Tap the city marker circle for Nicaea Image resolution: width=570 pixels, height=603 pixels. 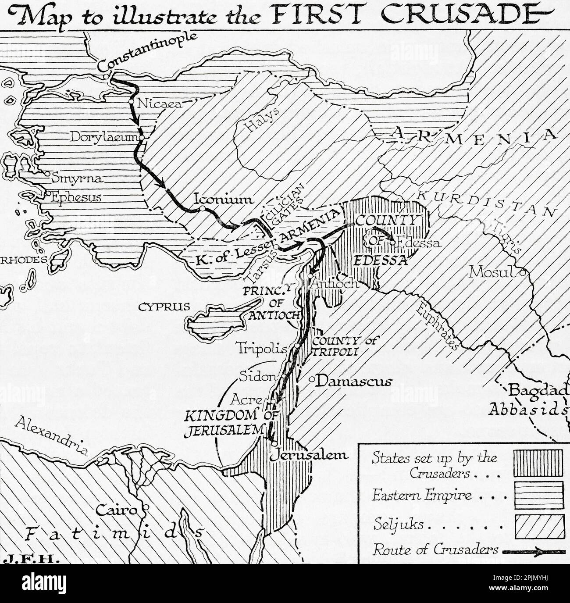(131, 102)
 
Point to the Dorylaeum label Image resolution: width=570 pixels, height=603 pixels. (103, 137)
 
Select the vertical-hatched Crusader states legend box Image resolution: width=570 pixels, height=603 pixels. (538, 463)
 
